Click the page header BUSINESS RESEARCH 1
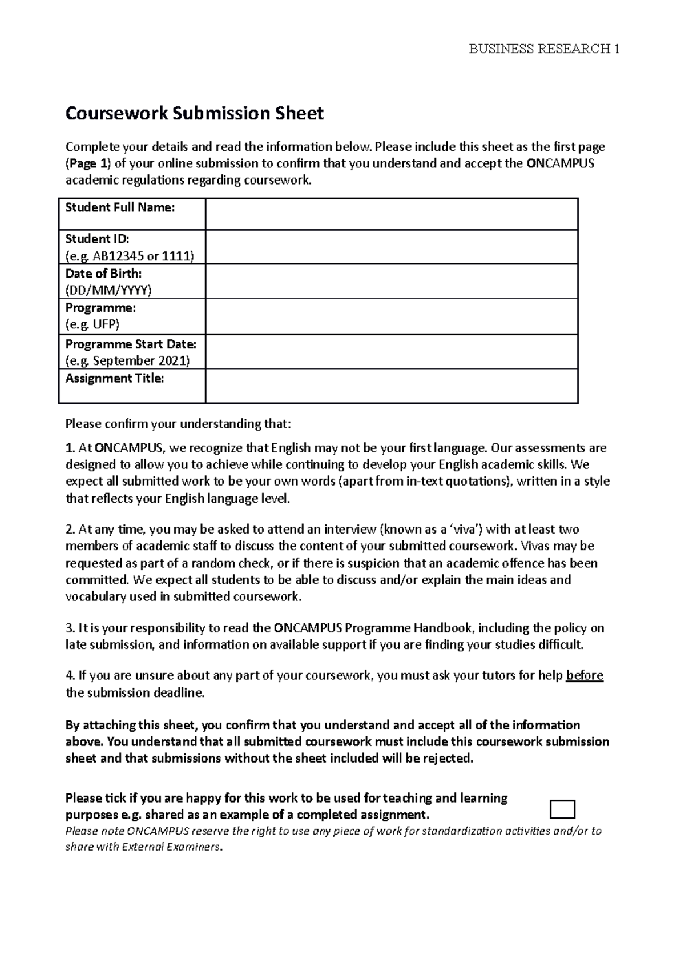(x=543, y=49)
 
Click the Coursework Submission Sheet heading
(x=195, y=114)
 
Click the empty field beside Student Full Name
(x=391, y=214)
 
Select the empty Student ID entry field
(x=391, y=247)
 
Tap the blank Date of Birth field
(x=391, y=281)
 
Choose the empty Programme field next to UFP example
(x=391, y=316)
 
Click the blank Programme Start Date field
(x=391, y=352)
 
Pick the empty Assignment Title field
(x=391, y=386)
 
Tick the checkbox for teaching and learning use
(x=562, y=809)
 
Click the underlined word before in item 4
(x=584, y=676)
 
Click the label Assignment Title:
(x=115, y=378)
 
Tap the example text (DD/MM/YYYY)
(x=108, y=290)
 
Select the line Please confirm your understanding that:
(x=178, y=424)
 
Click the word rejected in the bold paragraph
(x=449, y=759)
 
